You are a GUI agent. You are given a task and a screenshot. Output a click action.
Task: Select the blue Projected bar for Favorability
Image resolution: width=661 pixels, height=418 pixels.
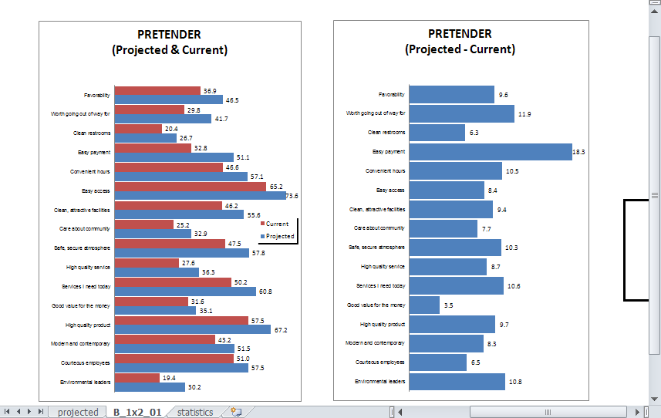(168, 99)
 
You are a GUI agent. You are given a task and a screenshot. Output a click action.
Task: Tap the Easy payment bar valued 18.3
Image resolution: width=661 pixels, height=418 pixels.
(490, 152)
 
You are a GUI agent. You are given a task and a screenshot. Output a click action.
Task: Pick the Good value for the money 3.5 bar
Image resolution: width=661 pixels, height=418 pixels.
(424, 305)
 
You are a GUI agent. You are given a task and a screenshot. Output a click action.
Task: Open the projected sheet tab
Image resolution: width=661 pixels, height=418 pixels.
(78, 412)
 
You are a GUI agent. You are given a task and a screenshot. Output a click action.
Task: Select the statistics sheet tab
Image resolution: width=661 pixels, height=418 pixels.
(195, 412)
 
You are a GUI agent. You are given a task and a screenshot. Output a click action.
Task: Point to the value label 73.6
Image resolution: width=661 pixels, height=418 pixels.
(292, 196)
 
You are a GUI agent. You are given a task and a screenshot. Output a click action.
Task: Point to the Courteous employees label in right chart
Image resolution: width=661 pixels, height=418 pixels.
(379, 362)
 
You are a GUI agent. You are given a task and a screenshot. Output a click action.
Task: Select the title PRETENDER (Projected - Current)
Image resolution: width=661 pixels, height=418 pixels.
(460, 42)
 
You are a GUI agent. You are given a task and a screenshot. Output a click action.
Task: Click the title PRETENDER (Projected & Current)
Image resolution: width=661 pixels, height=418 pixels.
(169, 42)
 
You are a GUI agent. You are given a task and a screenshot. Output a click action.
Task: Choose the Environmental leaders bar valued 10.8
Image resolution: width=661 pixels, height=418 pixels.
(457, 381)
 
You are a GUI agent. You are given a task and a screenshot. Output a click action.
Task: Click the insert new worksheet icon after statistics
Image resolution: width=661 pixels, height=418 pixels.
(236, 412)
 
